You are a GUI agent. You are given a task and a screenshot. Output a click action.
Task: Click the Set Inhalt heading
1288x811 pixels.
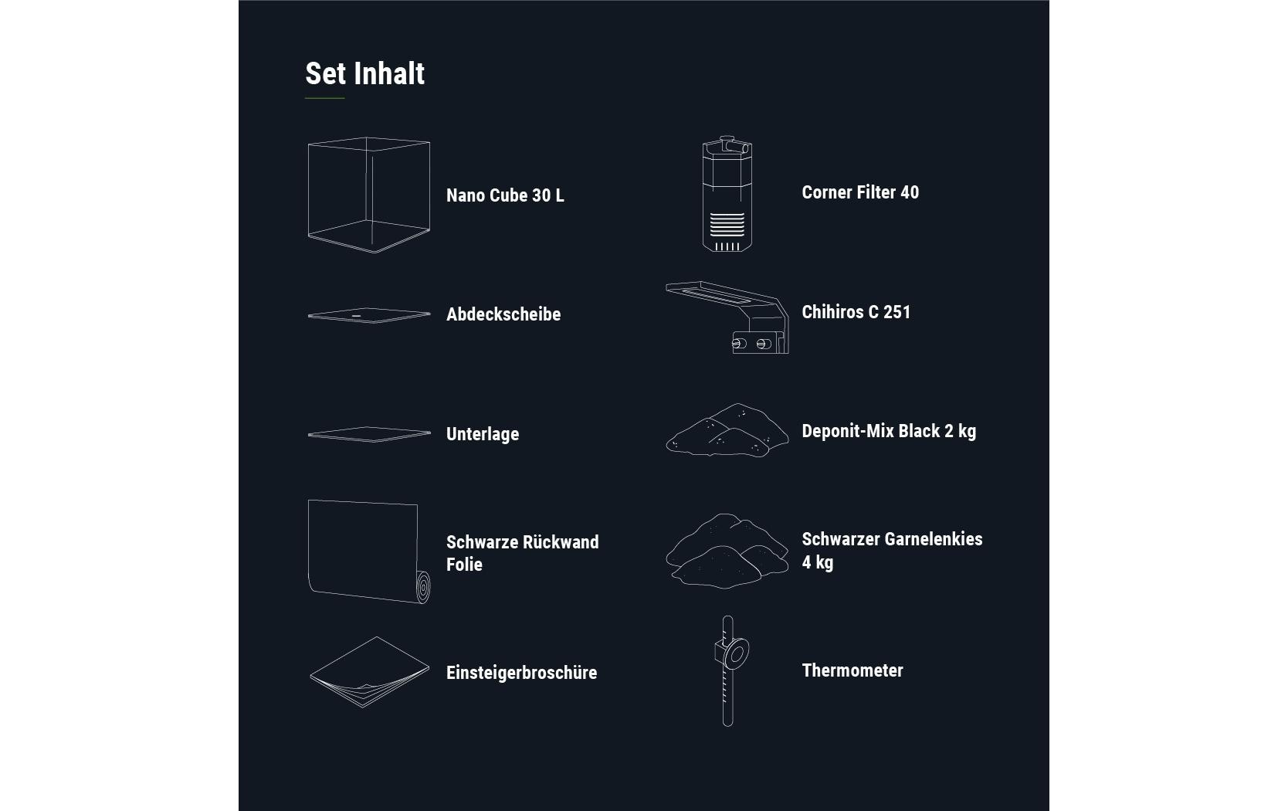pyautogui.click(x=364, y=74)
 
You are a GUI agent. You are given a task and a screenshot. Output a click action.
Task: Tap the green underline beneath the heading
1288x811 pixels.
pyautogui.click(x=324, y=98)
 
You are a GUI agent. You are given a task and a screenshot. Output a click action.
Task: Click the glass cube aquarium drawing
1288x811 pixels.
pyautogui.click(x=368, y=195)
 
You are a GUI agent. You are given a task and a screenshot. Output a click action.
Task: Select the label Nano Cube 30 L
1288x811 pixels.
pyautogui.click(x=505, y=195)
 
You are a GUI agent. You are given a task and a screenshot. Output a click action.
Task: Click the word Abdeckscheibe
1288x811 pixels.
pyautogui.click(x=503, y=314)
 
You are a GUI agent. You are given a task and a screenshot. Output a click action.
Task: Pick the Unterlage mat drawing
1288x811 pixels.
pyautogui.click(x=368, y=434)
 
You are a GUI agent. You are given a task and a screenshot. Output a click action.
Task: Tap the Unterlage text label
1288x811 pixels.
pyautogui.click(x=483, y=434)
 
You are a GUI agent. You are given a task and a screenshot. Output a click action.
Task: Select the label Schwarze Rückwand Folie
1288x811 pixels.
pyautogui.click(x=522, y=553)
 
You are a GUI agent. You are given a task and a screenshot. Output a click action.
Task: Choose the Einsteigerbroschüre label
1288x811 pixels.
pyautogui.click(x=521, y=673)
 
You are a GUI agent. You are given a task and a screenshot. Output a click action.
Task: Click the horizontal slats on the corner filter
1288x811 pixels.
pyautogui.click(x=727, y=225)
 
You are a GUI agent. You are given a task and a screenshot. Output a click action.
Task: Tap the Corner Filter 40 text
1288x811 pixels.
pyautogui.click(x=860, y=192)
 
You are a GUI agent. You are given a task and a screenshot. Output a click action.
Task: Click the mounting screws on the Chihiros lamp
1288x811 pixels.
pyautogui.click(x=750, y=343)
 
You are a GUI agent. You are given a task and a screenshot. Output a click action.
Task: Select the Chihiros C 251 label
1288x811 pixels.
pyautogui.click(x=856, y=312)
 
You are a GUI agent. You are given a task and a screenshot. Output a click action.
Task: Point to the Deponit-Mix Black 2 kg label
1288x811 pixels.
pyautogui.click(x=889, y=431)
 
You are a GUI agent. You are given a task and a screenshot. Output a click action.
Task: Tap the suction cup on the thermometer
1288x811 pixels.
pyautogui.click(x=736, y=655)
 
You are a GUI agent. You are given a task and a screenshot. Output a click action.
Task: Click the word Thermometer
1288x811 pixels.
pyautogui.click(x=852, y=670)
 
